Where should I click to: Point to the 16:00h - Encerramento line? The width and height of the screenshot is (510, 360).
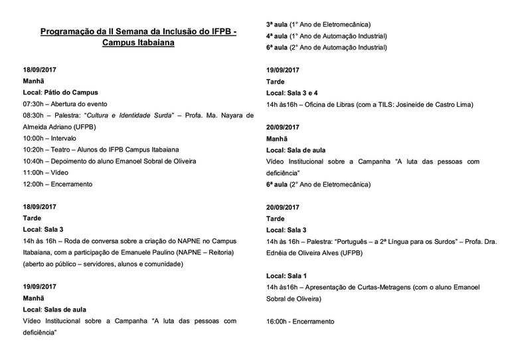click(x=300, y=321)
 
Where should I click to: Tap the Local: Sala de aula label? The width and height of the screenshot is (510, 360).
click(x=296, y=150)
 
